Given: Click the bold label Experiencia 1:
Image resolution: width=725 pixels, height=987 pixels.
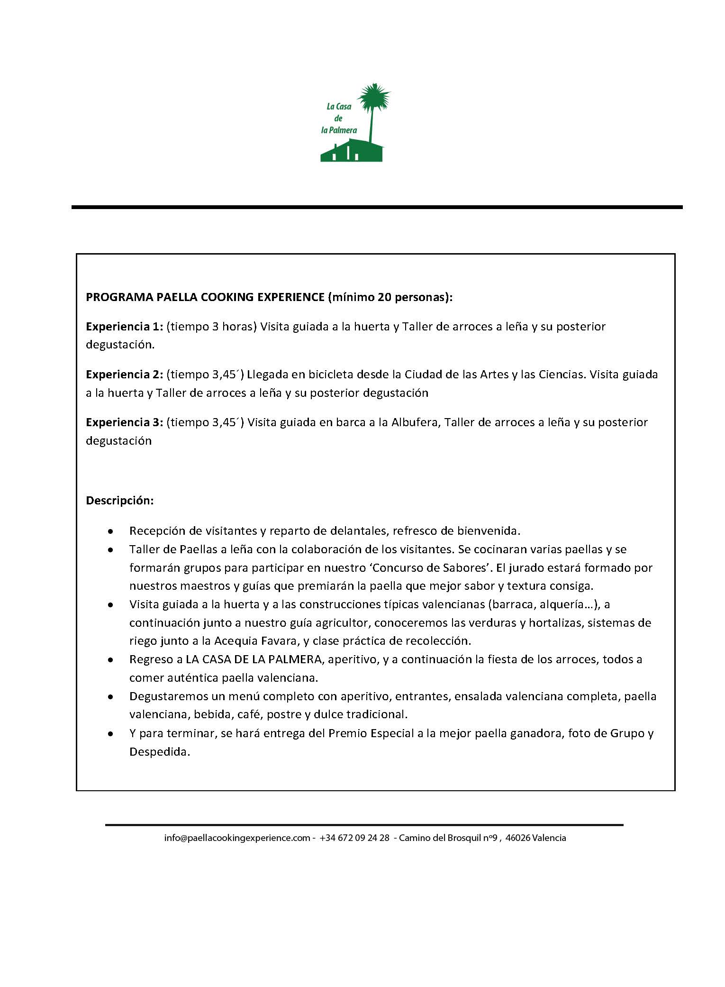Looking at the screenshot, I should (x=124, y=327).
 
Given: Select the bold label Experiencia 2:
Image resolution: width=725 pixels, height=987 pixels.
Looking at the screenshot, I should (x=124, y=375).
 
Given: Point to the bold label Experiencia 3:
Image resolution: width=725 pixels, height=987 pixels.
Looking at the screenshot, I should (x=124, y=422).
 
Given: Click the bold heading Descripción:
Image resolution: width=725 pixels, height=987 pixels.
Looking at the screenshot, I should (x=119, y=501).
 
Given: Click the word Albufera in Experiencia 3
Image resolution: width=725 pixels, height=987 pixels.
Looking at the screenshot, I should (x=416, y=422).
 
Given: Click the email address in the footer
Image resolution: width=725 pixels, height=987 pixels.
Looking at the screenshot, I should (x=237, y=838).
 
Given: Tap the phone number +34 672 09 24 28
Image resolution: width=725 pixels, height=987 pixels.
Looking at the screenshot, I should (x=354, y=838).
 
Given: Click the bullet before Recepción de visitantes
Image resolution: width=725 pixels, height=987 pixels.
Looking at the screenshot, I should (x=110, y=531).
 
